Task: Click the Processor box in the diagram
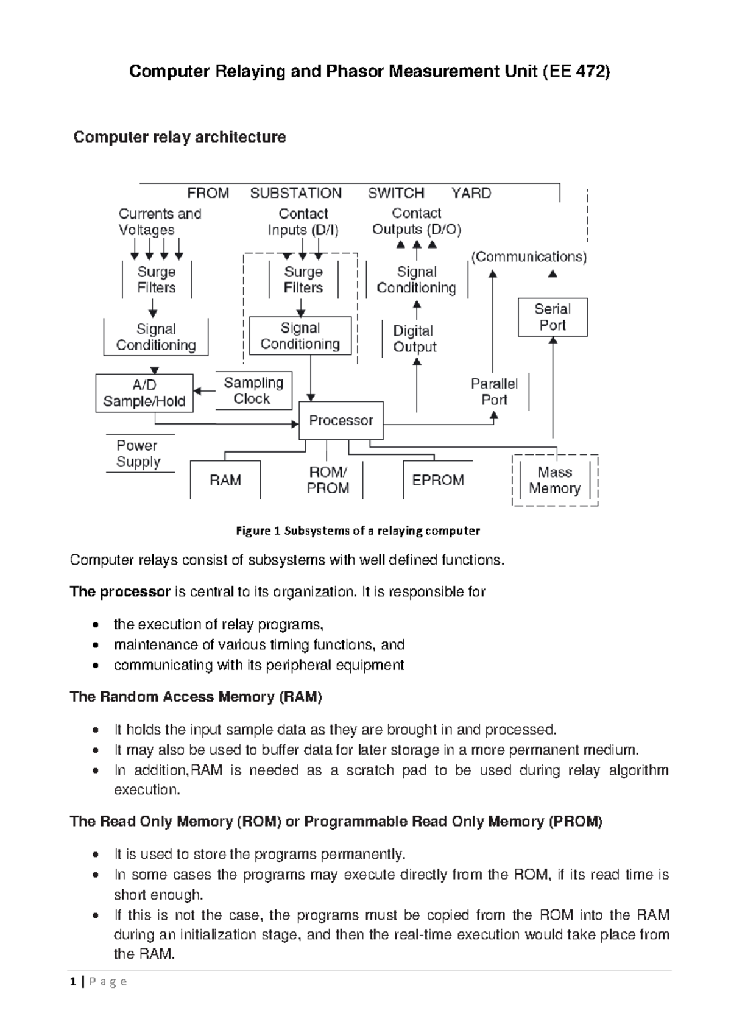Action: coord(341,420)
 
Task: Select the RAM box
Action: coord(225,479)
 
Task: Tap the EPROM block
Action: coord(437,479)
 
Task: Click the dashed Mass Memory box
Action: coord(555,480)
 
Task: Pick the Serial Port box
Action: coord(553,317)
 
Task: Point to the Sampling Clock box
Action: coord(253,390)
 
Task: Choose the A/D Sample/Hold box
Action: coord(144,393)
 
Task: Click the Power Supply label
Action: coord(138,453)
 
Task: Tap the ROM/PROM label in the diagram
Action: coord(328,479)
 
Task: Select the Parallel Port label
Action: coord(494,392)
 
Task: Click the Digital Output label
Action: coord(414,339)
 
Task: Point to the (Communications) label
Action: coord(529,257)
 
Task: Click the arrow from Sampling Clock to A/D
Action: coord(204,391)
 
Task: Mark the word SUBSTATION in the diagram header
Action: coord(295,192)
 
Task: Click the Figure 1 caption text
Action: coord(358,531)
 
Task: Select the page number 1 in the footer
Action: coord(73,982)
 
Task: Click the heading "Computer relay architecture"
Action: coord(180,137)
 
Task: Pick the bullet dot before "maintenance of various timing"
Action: coord(96,645)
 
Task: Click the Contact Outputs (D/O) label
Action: coord(417,221)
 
